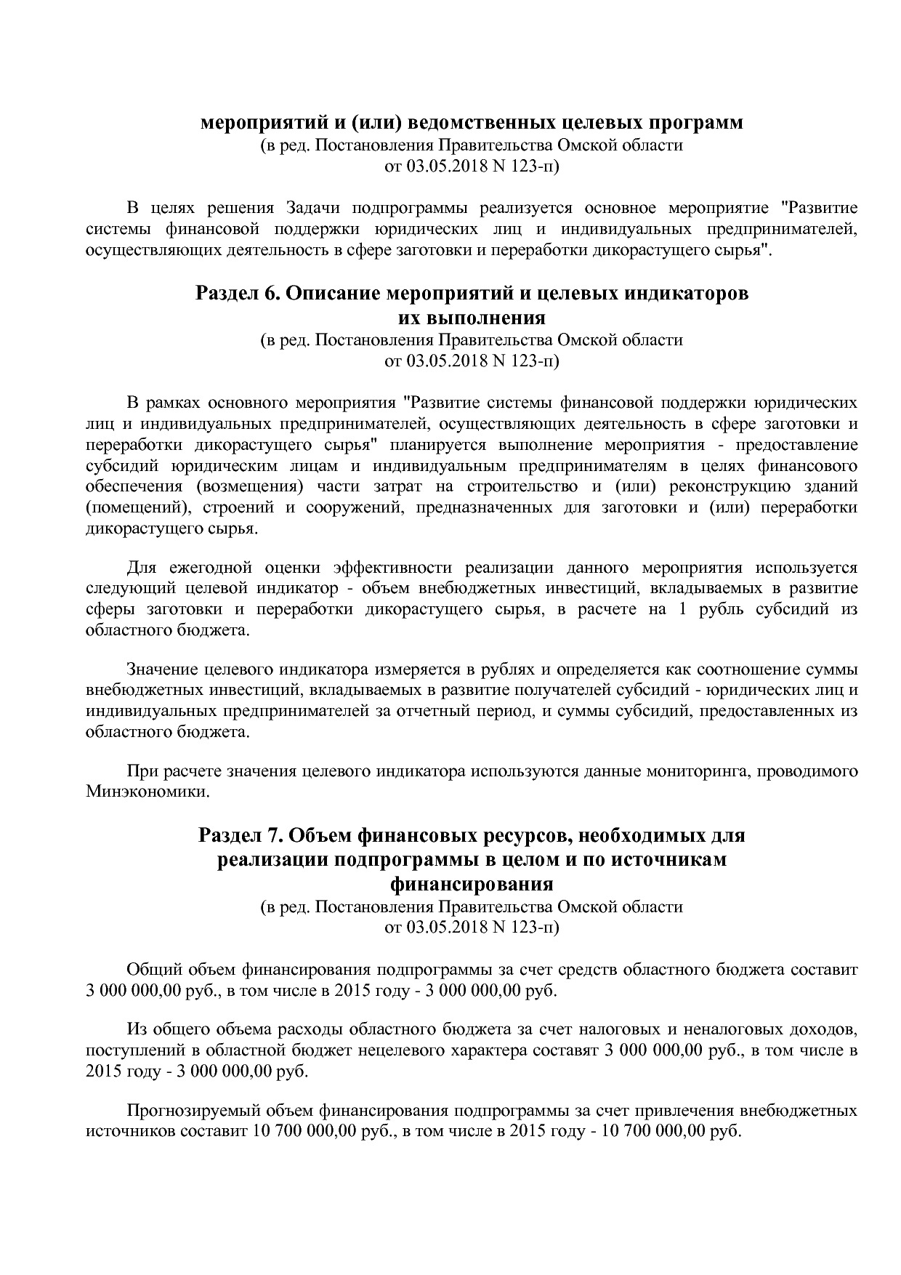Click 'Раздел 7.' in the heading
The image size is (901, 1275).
[236, 836]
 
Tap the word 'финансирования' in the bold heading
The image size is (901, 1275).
[472, 885]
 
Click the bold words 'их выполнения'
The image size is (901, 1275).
[472, 318]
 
